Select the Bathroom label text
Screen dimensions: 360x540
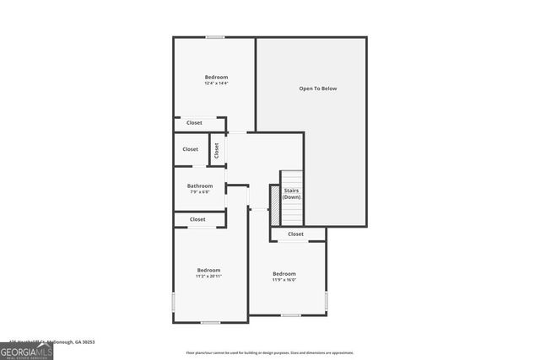click(200, 185)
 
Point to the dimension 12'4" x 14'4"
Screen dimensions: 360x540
click(216, 83)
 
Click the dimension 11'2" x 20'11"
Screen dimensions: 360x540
click(208, 276)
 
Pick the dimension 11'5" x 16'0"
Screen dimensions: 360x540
click(284, 279)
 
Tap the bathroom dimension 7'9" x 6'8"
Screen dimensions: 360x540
click(200, 192)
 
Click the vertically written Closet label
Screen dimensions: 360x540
click(217, 150)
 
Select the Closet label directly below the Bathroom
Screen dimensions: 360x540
click(197, 219)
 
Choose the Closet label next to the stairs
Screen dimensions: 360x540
click(295, 234)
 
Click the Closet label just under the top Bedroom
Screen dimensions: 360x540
click(194, 123)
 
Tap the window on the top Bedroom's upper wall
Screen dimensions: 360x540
click(215, 37)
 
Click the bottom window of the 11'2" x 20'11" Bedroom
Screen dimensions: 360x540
click(210, 322)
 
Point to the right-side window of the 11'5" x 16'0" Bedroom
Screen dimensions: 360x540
click(327, 301)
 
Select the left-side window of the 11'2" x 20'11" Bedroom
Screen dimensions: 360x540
click(174, 302)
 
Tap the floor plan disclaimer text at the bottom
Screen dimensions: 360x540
click(269, 353)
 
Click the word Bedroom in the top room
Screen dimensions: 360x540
click(216, 77)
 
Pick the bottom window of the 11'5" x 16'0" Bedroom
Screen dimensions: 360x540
click(291, 316)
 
